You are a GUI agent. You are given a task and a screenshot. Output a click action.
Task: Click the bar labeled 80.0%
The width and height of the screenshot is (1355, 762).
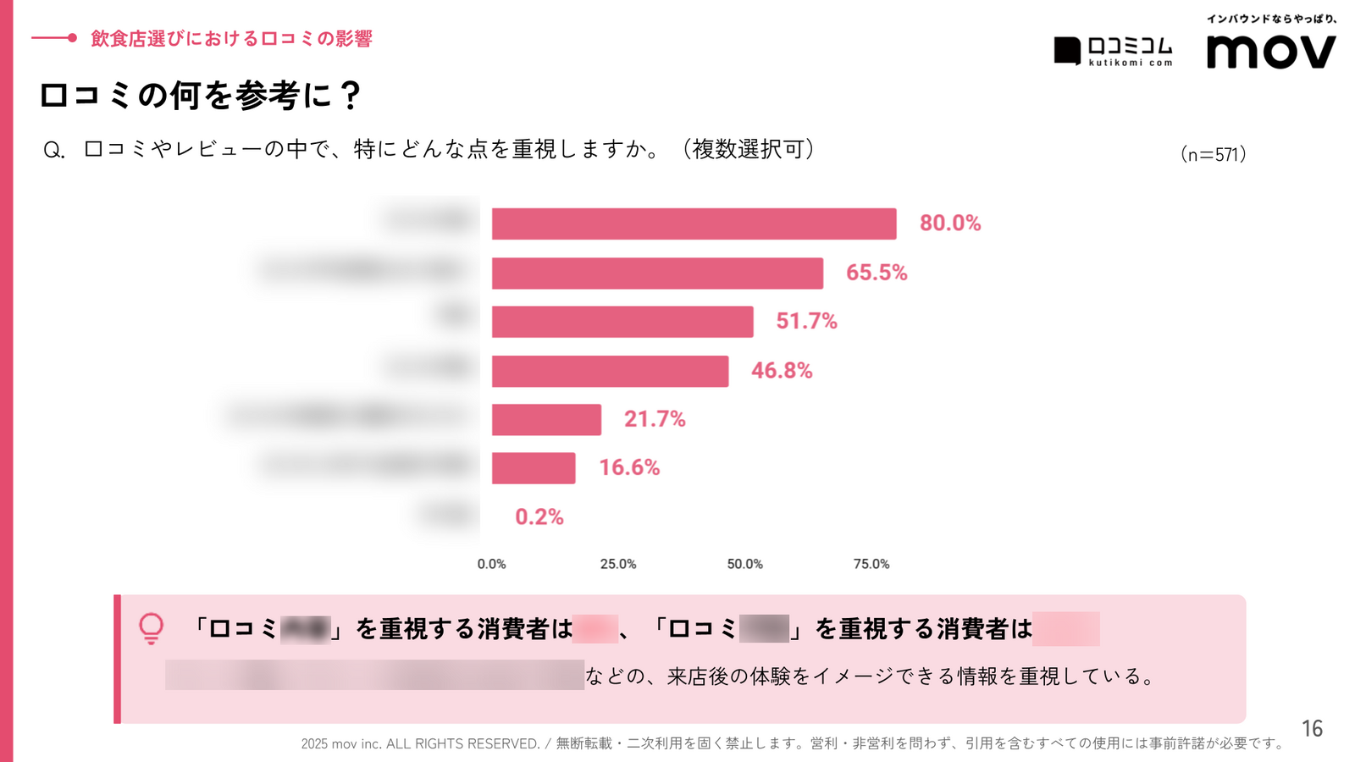tap(694, 224)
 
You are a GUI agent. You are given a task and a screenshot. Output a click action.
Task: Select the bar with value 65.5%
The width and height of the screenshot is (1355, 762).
tap(657, 273)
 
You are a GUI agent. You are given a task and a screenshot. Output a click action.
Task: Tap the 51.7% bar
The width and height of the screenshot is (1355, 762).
tap(622, 322)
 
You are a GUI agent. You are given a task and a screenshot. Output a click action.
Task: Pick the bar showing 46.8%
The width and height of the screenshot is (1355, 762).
tap(610, 371)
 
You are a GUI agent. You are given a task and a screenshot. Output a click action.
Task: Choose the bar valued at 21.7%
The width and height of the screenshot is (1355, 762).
tap(546, 419)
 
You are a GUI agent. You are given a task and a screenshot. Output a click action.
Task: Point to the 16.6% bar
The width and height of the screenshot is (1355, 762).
tap(534, 468)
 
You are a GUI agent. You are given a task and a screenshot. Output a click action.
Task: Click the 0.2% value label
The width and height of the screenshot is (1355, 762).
tap(539, 516)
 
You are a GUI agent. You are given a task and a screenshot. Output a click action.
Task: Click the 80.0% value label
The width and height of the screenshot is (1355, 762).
tap(950, 224)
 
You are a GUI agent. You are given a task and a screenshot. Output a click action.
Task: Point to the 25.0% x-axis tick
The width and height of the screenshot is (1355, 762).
tap(618, 564)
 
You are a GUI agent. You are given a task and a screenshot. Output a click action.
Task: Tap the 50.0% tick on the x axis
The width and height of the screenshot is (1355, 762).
tap(744, 564)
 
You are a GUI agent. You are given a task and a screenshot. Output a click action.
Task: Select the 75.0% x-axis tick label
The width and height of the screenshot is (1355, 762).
tap(871, 564)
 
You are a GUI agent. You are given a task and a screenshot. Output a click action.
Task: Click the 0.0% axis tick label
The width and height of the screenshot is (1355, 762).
tap(491, 564)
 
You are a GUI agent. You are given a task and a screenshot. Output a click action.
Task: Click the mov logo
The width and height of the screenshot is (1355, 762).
tap(1270, 52)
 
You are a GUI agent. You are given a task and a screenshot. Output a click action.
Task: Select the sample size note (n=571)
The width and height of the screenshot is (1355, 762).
tap(1213, 154)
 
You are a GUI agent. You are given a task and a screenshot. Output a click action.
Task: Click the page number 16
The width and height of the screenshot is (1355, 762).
tap(1312, 728)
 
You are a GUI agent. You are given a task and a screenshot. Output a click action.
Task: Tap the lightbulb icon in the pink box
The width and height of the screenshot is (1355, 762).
tap(152, 628)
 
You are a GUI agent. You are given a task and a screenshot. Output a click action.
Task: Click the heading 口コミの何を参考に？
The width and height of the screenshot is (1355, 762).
tap(201, 95)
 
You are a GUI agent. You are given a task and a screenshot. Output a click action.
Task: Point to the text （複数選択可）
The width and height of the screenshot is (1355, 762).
tap(749, 150)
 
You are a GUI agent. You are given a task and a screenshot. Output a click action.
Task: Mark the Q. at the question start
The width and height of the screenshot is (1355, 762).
tap(53, 151)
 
